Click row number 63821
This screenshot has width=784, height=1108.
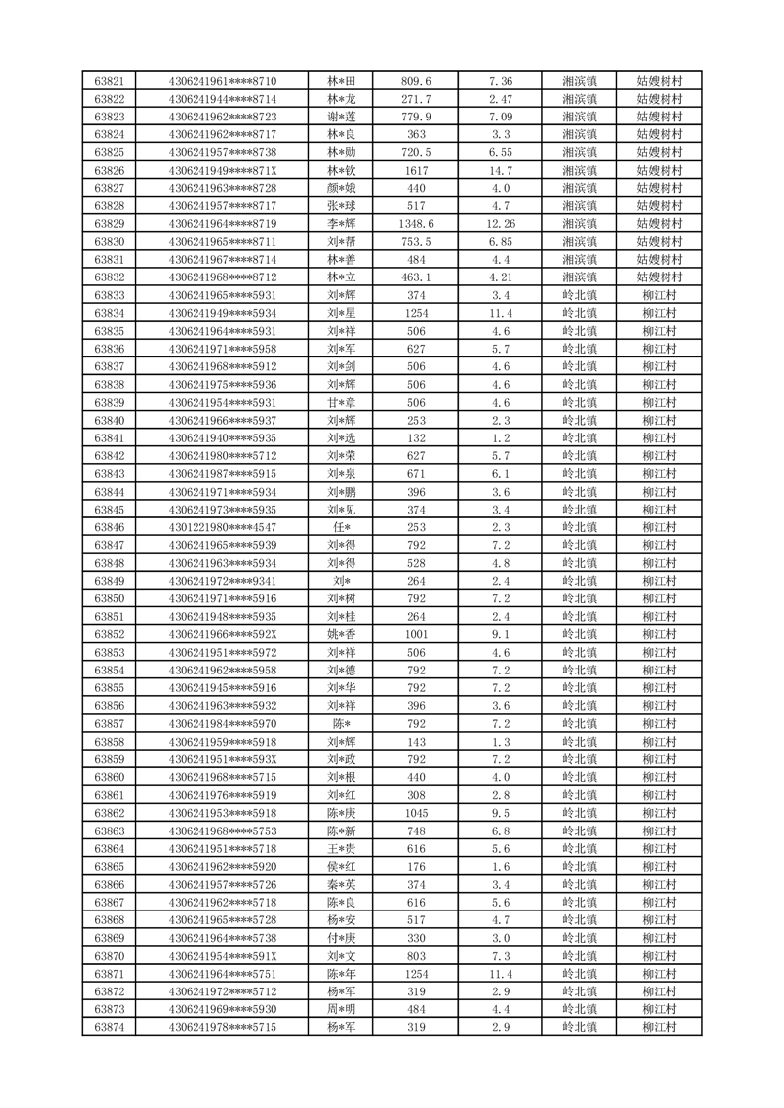[109, 81]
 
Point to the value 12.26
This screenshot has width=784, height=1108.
[501, 224]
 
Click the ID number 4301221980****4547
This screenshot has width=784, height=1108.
[222, 528]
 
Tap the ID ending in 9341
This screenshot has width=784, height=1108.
[222, 582]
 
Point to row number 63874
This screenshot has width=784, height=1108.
[109, 1028]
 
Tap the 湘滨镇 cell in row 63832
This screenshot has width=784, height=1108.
[579, 277]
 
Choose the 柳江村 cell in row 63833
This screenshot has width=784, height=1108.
[659, 295]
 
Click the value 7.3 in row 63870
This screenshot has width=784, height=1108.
[501, 957]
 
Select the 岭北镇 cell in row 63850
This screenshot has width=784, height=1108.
[579, 599]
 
